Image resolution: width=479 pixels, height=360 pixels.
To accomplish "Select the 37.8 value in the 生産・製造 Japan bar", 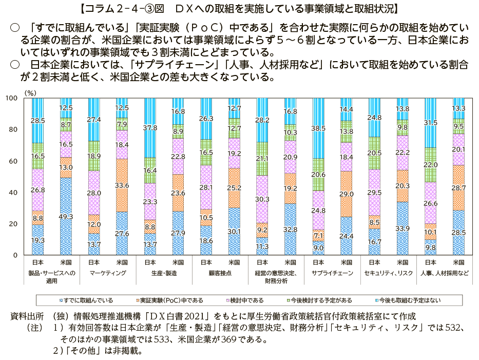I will pos(150,128).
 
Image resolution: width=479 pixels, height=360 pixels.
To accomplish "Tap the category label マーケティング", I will pos(108,273).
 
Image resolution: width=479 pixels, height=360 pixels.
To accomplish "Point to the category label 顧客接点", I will pos(220,273).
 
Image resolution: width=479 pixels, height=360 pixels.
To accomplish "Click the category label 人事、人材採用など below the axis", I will pos(445,273).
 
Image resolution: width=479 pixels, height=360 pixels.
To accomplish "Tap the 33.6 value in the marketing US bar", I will pos(122,185).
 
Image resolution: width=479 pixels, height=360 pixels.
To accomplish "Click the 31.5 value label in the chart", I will pos(431,123).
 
